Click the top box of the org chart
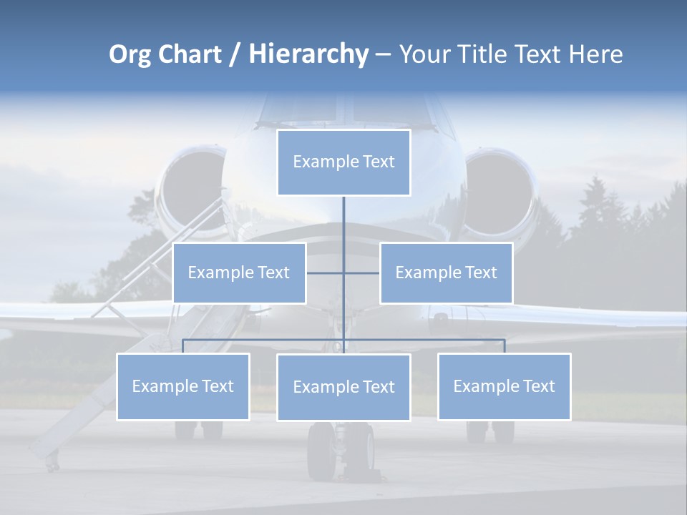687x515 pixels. tap(343, 162)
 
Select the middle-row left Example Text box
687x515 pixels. tap(239, 273)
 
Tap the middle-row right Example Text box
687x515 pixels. tap(446, 273)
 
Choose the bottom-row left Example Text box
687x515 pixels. tap(183, 386)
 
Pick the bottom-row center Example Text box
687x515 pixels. tap(343, 387)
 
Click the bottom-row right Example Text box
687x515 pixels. tap(504, 386)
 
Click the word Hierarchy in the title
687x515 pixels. tap(308, 54)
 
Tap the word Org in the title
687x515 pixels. tap(129, 54)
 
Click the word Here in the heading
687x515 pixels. tap(595, 54)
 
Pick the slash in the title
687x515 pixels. tap(235, 54)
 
